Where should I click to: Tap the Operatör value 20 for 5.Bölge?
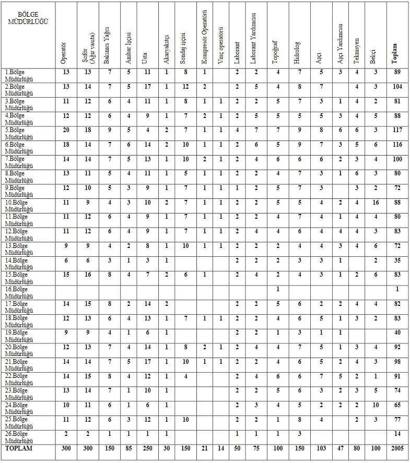66,130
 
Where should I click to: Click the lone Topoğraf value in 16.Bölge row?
277,289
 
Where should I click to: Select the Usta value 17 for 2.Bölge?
147,87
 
